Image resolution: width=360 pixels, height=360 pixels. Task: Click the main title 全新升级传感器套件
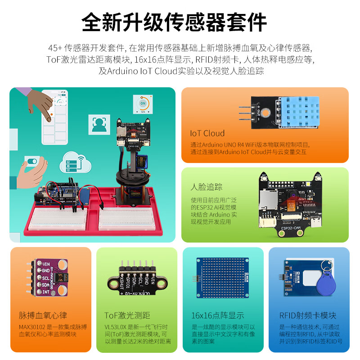174,22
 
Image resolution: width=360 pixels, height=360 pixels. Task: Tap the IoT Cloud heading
207,133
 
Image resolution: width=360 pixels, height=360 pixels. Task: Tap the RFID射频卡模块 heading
308,315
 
